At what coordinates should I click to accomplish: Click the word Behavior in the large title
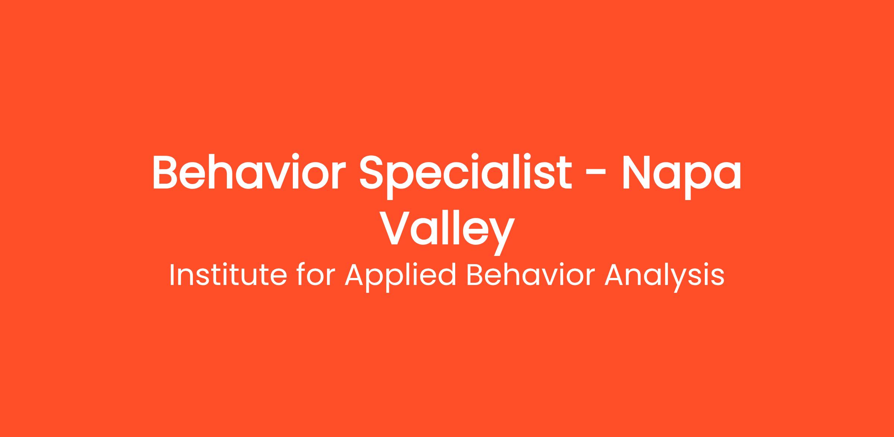pyautogui.click(x=245, y=172)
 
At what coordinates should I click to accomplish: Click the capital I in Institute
pyautogui.click(x=172, y=275)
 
